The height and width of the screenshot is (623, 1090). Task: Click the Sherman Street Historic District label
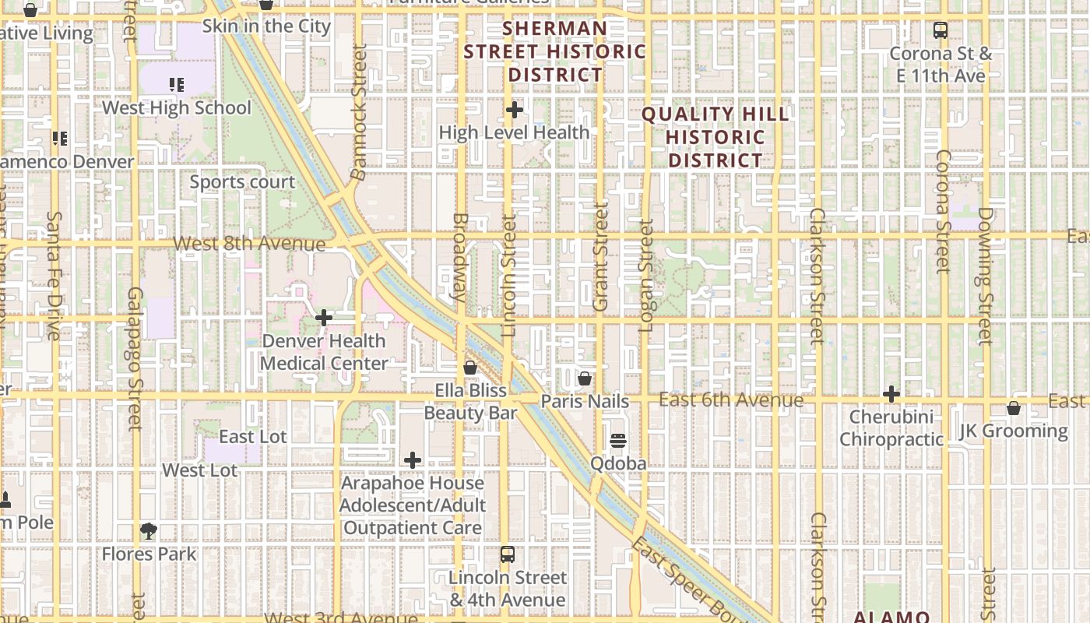click(555, 52)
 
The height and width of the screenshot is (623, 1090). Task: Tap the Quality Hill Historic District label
click(716, 138)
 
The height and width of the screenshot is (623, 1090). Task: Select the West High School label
click(177, 107)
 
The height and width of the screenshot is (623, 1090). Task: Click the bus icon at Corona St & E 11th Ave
click(941, 30)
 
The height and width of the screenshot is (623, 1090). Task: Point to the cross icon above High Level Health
click(514, 110)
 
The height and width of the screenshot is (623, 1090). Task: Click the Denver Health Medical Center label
click(324, 352)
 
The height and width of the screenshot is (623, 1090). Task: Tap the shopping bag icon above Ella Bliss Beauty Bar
click(470, 367)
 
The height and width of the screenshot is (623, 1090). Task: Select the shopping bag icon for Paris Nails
click(585, 378)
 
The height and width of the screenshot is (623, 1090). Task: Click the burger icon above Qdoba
click(618, 441)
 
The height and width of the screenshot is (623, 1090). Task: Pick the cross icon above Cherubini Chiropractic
click(891, 394)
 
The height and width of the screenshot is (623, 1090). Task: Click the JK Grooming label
click(1014, 431)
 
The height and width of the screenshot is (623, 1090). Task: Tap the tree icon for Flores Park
click(148, 531)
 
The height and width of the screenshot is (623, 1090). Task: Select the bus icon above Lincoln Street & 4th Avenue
click(508, 554)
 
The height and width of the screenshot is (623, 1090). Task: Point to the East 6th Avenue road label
click(731, 400)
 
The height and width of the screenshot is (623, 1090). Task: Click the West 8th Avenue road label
click(249, 244)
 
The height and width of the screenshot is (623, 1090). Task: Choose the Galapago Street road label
click(135, 358)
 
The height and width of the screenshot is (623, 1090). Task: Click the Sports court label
click(243, 182)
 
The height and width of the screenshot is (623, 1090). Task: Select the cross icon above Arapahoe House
click(413, 460)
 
